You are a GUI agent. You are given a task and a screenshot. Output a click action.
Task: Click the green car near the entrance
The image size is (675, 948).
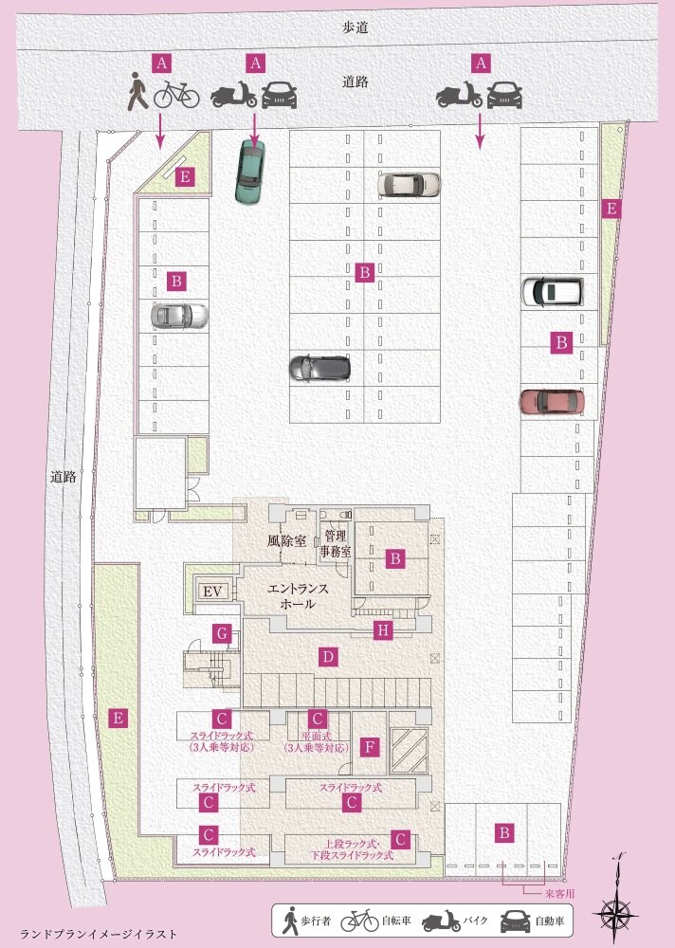(249, 172)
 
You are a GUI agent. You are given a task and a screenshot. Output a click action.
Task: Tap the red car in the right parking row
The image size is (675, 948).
(552, 401)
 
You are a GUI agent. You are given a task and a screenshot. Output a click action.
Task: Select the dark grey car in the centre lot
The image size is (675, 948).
(319, 367)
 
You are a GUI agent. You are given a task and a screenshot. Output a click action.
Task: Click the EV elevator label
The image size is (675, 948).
(212, 592)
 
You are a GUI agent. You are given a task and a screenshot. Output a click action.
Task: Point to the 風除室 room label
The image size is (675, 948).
(286, 540)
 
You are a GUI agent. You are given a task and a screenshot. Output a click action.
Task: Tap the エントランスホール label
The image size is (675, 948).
(298, 595)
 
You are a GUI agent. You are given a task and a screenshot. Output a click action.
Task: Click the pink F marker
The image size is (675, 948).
(369, 747)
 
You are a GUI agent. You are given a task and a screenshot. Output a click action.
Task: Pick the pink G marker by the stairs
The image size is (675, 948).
(223, 634)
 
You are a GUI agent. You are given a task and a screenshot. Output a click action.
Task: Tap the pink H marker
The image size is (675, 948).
(382, 630)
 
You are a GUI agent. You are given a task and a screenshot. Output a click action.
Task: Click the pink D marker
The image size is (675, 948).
(328, 657)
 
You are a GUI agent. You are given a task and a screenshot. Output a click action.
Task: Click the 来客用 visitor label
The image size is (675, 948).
(559, 893)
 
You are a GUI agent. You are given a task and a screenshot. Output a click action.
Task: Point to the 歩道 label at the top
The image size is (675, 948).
(356, 27)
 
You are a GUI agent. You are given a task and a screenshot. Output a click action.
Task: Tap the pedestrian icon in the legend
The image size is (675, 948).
(291, 921)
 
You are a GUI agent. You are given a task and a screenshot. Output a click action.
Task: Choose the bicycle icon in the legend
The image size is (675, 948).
(360, 921)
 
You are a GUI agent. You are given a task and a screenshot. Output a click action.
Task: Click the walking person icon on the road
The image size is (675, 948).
(137, 91)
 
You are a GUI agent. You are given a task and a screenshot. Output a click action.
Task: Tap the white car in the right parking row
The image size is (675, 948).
(552, 291)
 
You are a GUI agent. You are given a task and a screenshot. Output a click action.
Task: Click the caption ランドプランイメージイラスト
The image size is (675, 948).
(99, 934)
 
